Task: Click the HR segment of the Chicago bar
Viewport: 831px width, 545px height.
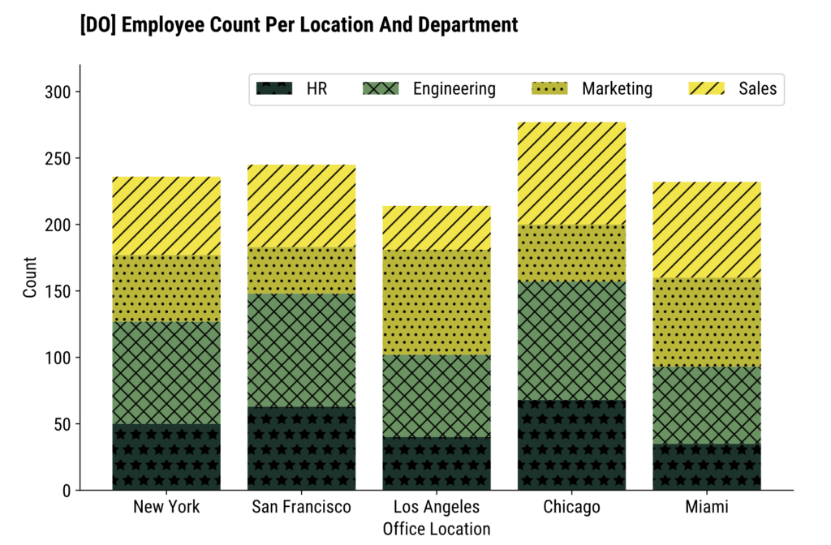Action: [x=571, y=445]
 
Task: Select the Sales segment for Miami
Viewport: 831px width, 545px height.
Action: [x=706, y=230]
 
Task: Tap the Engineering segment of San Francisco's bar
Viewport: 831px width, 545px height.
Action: [x=301, y=350]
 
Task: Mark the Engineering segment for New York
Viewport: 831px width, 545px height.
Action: [x=166, y=372]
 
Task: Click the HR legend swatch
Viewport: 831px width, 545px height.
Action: [x=273, y=89]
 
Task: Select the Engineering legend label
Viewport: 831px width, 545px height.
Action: [x=454, y=89]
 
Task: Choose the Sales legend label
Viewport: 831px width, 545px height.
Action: [x=757, y=89]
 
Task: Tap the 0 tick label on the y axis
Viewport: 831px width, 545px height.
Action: [x=67, y=491]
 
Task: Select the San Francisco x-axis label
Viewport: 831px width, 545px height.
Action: [x=301, y=508]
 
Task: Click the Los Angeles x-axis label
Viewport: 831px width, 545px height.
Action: [x=437, y=508]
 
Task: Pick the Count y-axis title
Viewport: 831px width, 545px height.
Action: [x=31, y=277]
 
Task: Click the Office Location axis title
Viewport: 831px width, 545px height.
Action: [x=437, y=530]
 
